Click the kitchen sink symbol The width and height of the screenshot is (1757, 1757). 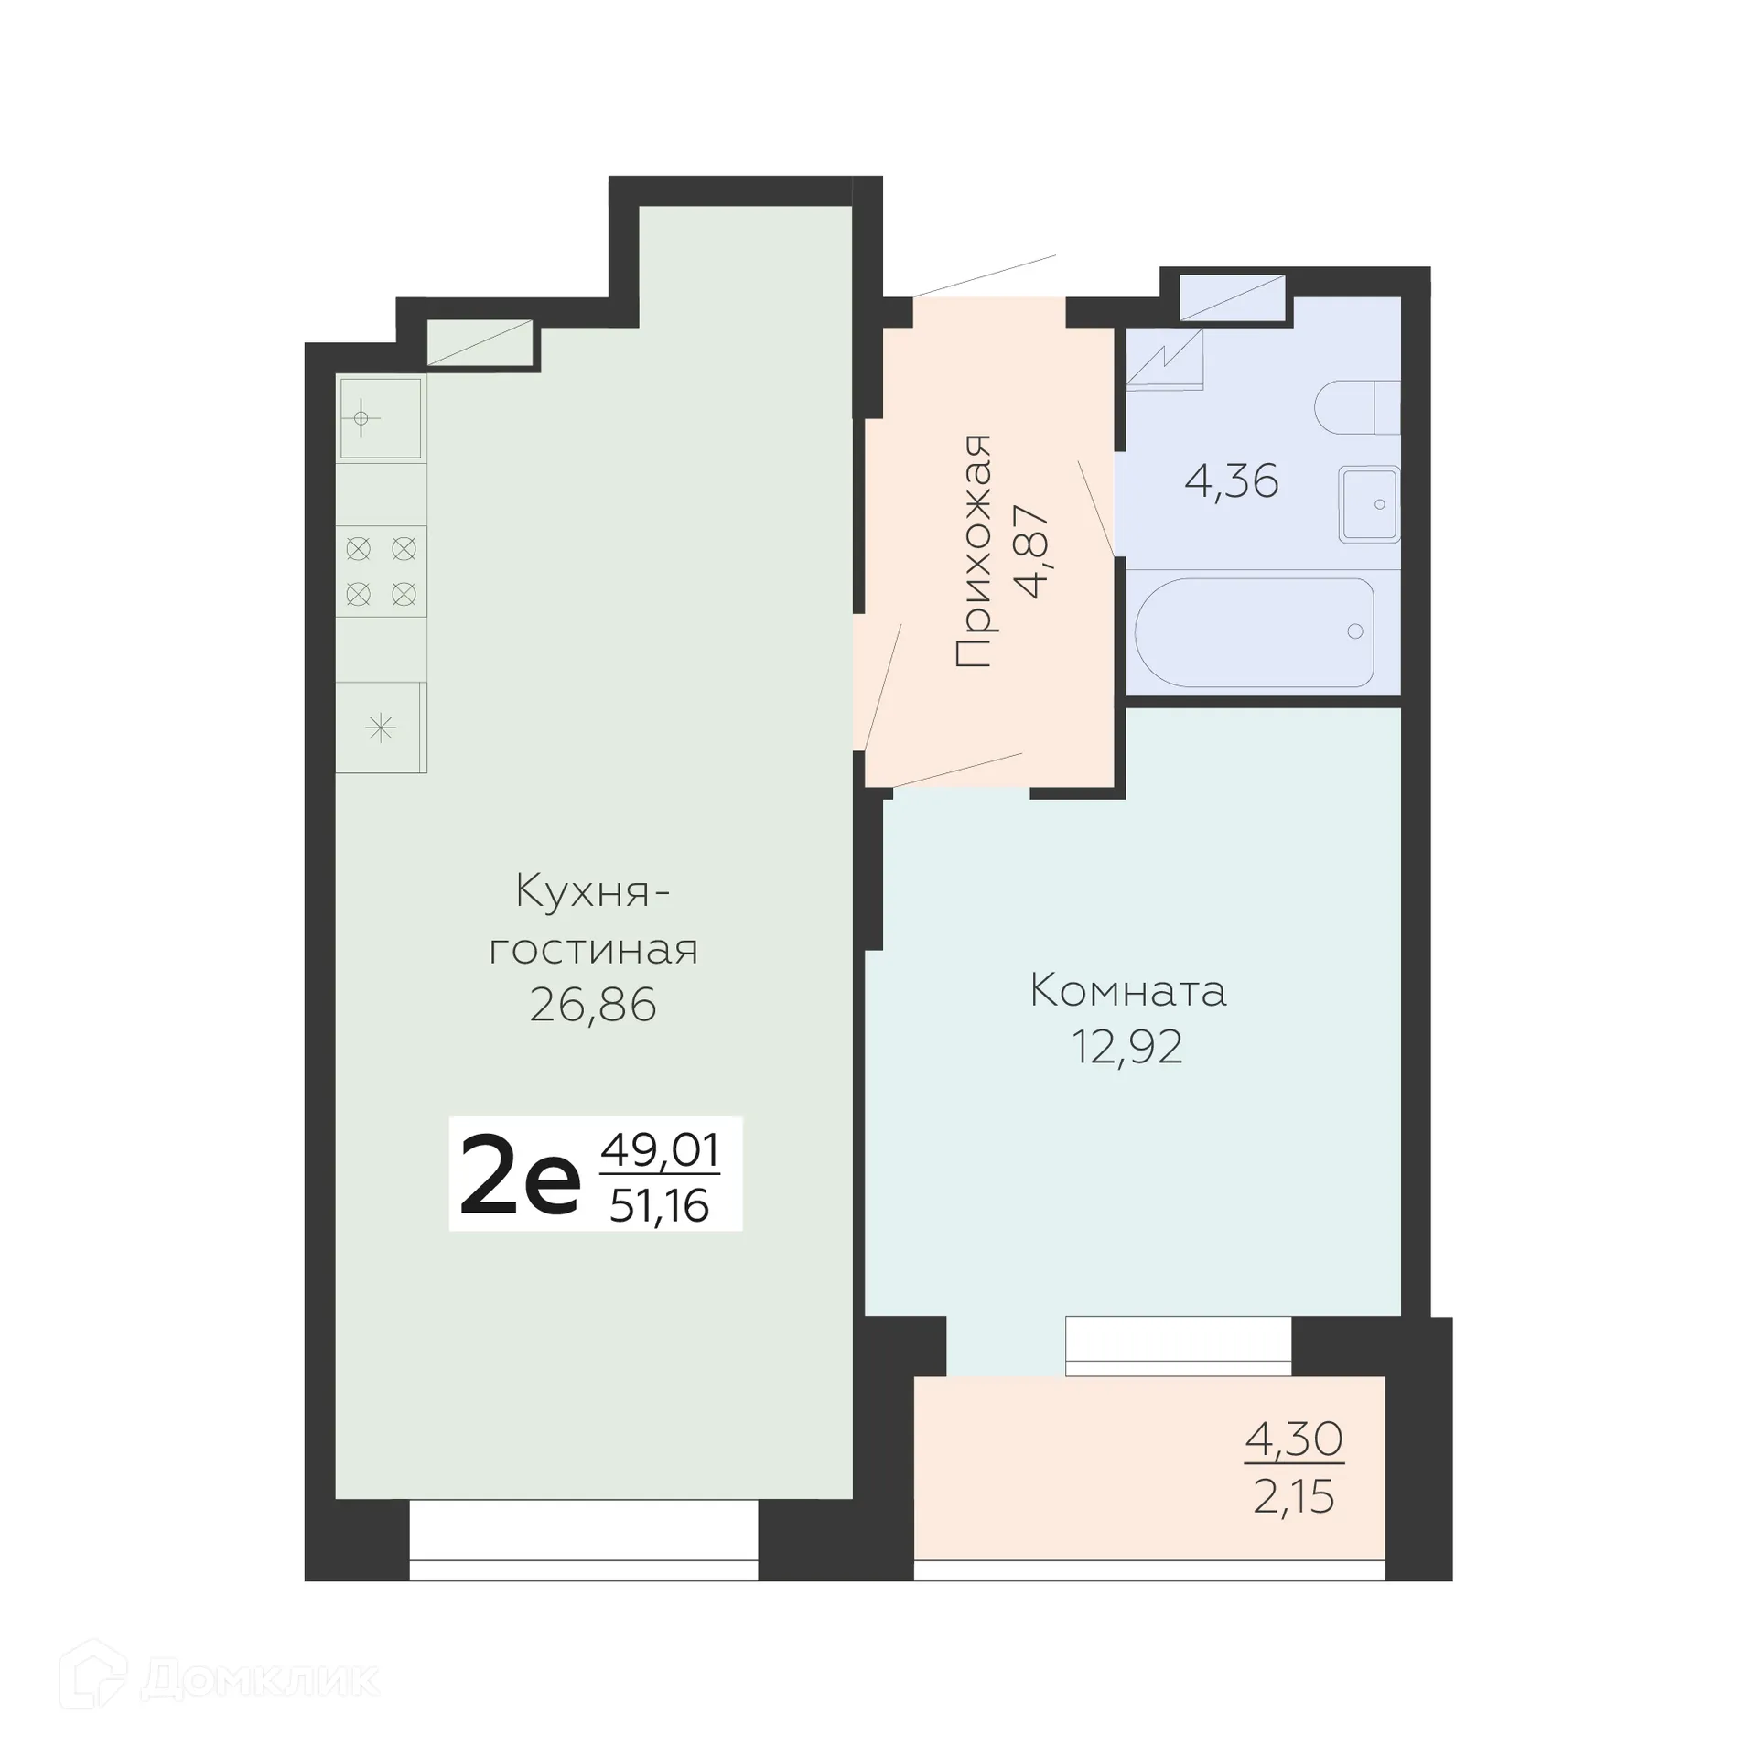[381, 418]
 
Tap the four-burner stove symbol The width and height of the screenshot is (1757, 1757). [381, 572]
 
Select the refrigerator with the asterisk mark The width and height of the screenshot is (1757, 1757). [381, 728]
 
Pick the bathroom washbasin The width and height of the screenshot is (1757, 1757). [1369, 504]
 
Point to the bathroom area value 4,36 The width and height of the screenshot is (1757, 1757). [1231, 481]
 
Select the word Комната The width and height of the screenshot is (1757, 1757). [1127, 991]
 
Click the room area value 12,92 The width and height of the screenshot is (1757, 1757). [1127, 1047]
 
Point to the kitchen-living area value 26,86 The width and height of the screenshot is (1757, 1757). [593, 1006]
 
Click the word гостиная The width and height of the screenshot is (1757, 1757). [593, 951]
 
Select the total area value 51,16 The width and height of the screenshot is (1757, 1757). [659, 1207]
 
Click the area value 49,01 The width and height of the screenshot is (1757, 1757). [659, 1151]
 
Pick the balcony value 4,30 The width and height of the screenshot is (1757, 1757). [1293, 1439]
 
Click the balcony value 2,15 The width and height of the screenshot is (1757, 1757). [1293, 1497]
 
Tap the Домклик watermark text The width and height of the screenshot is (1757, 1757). [260, 1678]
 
